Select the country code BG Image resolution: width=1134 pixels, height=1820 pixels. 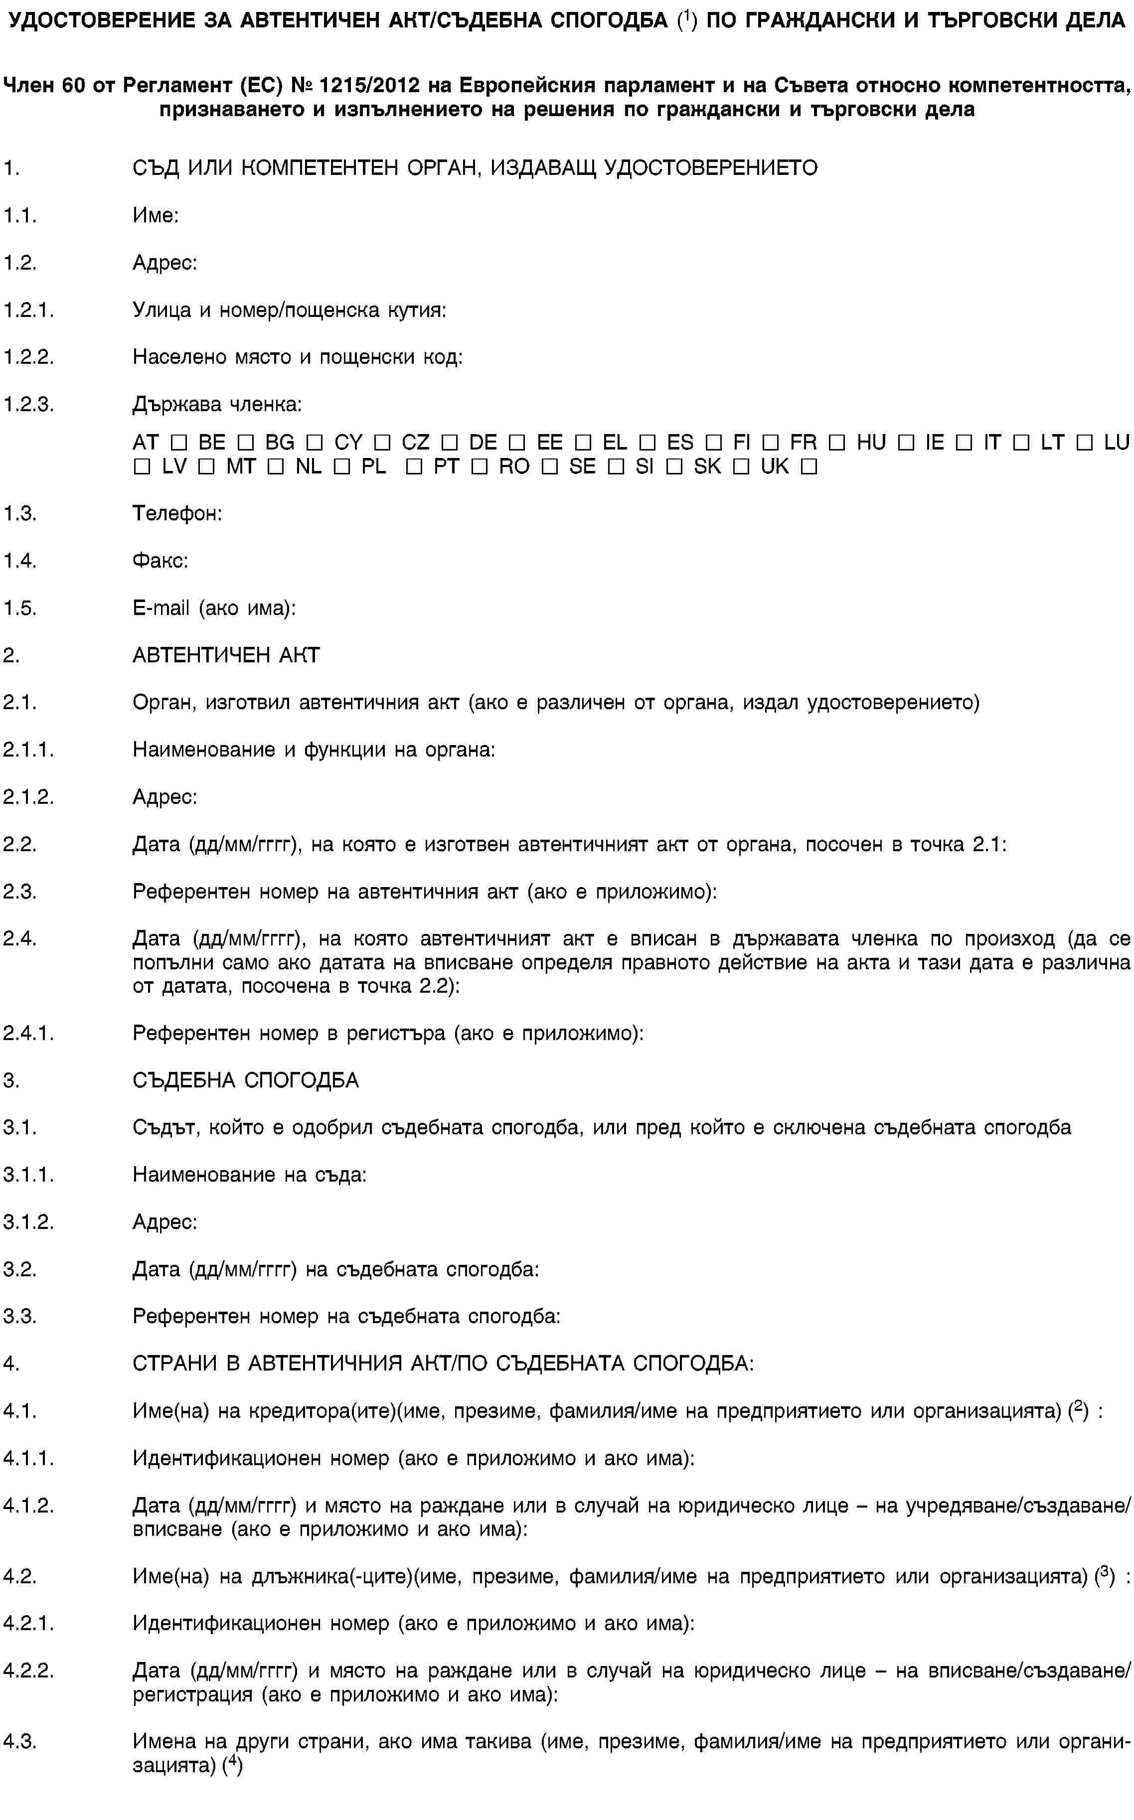click(x=279, y=443)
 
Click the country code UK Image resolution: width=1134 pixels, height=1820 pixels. click(x=774, y=466)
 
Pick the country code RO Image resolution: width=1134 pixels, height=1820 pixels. click(x=514, y=466)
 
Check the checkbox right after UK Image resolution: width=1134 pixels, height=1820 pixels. click(x=809, y=467)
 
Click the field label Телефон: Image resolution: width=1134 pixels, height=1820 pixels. click(x=177, y=514)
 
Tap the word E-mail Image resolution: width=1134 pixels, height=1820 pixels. click(x=161, y=608)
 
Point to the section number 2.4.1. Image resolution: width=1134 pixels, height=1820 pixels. click(x=28, y=1034)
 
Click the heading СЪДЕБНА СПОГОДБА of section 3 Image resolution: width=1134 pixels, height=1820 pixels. click(x=245, y=1080)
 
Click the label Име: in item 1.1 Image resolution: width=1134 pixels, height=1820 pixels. click(x=155, y=216)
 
